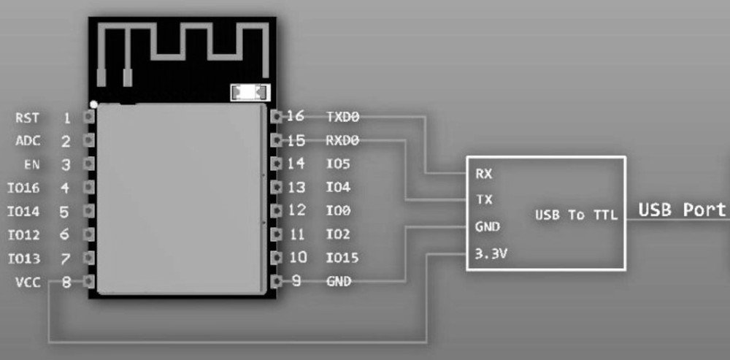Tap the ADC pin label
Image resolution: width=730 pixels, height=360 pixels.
pos(28,141)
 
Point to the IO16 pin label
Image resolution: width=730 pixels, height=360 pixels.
pos(24,188)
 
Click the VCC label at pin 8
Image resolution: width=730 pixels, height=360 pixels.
pos(28,282)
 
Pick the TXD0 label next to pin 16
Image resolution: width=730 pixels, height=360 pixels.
pos(343,116)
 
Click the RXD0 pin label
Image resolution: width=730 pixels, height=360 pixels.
pos(343,139)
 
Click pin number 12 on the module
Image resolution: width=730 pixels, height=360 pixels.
pos(296,210)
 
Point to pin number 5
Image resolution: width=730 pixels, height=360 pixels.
pos(65,212)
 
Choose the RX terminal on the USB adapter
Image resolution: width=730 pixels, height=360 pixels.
pos(483,175)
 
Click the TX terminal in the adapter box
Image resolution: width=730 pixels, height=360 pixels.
pos(483,199)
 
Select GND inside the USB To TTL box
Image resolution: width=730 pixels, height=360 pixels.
pos(487,226)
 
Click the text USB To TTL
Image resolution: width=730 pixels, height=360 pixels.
pos(576,215)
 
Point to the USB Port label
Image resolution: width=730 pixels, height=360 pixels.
pos(683,210)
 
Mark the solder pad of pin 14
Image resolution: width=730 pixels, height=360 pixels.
pos(275,164)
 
